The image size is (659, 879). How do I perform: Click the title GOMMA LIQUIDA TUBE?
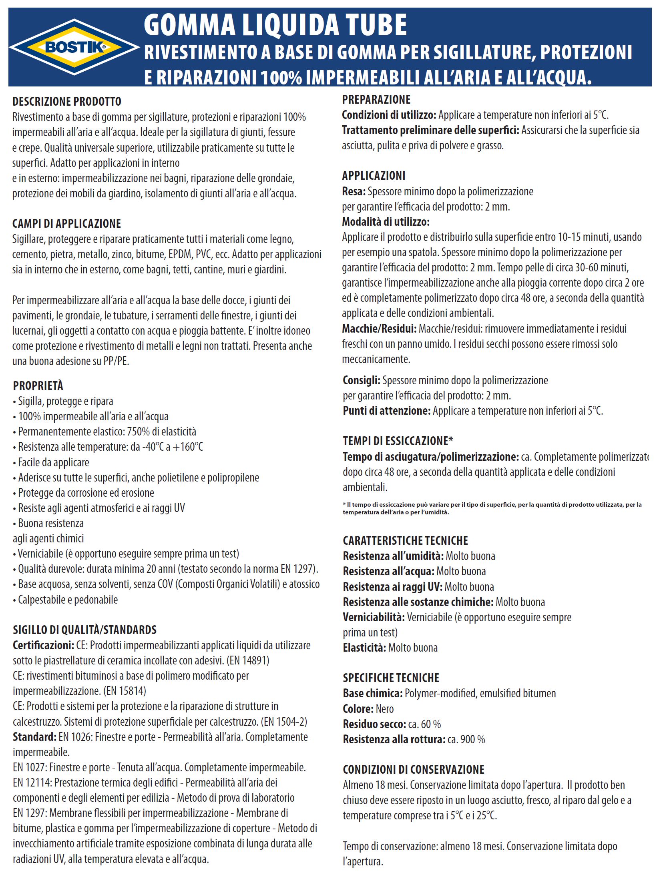(275, 25)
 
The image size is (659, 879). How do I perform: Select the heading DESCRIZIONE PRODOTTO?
(67, 102)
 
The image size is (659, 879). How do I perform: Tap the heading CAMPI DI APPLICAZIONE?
(66, 224)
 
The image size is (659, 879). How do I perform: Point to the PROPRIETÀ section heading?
(38, 386)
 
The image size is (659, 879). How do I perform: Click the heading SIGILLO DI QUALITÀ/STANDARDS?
(84, 630)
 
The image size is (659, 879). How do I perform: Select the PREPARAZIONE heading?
(376, 100)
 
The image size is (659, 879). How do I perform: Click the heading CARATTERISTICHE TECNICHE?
(405, 541)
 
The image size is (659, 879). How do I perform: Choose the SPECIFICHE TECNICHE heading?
(391, 678)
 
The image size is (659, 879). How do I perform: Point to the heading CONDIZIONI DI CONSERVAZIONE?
(413, 769)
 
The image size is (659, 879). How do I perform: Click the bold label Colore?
(358, 709)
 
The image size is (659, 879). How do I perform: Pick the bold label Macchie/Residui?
(379, 329)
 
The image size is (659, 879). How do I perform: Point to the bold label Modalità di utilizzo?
(386, 222)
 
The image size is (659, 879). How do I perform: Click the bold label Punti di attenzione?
(386, 411)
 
